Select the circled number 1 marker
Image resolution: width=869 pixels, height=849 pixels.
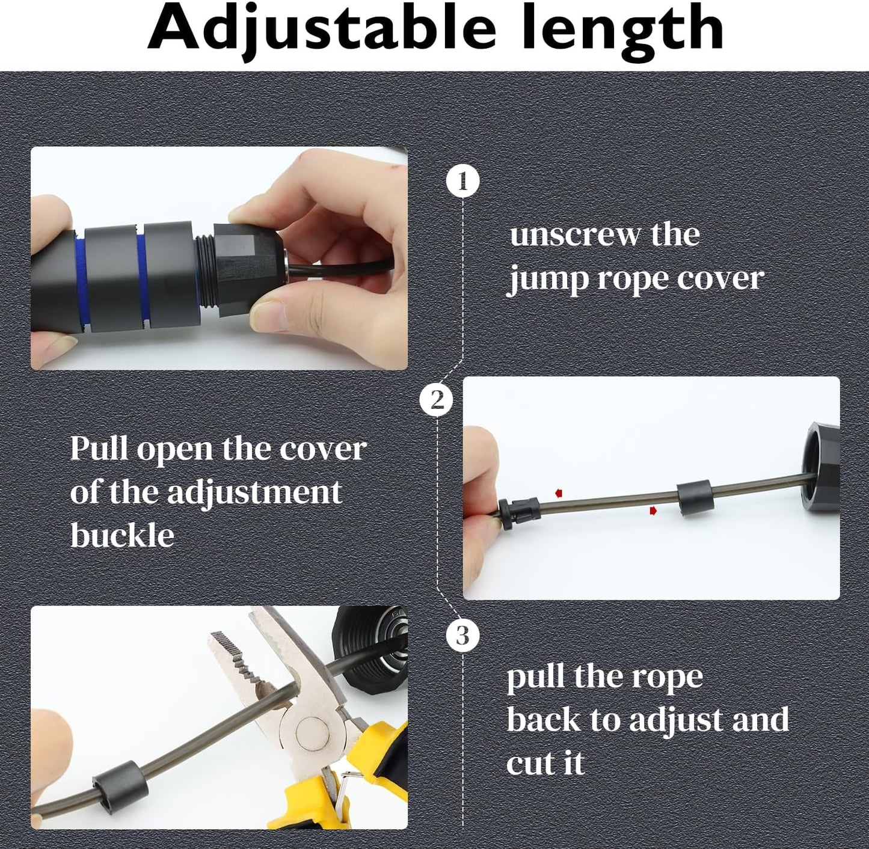point(462,181)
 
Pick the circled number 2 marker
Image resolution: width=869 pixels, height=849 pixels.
point(437,400)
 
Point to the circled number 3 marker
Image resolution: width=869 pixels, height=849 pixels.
point(462,636)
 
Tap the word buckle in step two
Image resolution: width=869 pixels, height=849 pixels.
point(122,535)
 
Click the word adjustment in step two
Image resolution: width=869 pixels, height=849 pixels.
point(254,492)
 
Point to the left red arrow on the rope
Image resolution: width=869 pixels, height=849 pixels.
point(558,493)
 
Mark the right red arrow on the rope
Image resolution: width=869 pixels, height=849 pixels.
point(653,510)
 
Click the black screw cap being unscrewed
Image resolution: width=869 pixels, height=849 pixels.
point(247,265)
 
